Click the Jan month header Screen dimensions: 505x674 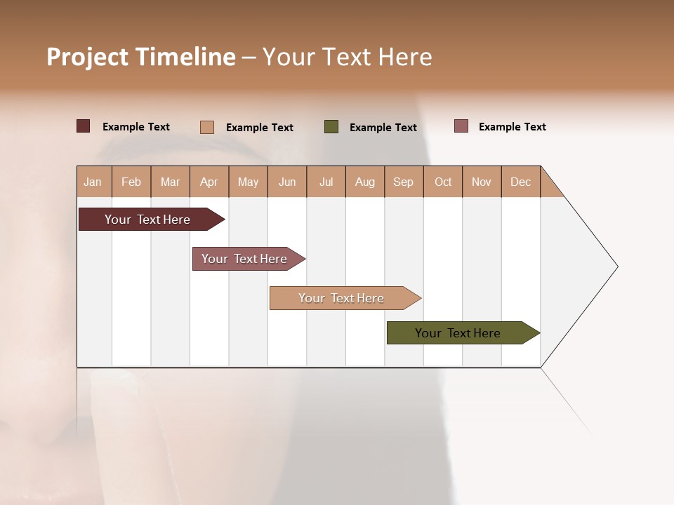[93, 182]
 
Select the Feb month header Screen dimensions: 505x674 [131, 182]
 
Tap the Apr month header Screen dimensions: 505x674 [209, 182]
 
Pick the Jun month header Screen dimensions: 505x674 [287, 182]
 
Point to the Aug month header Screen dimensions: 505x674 [365, 182]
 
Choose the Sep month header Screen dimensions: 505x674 [404, 182]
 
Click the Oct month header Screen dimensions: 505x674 [443, 182]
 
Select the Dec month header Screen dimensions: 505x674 [521, 182]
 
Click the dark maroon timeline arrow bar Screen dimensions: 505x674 [148, 220]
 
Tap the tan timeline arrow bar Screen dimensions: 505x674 [342, 298]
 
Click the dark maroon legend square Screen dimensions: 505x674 [84, 126]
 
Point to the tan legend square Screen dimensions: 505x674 [207, 127]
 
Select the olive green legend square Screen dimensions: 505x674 [331, 127]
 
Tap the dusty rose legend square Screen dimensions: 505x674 [461, 126]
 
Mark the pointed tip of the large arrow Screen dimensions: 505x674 [616, 267]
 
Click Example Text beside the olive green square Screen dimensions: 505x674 [383, 128]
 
